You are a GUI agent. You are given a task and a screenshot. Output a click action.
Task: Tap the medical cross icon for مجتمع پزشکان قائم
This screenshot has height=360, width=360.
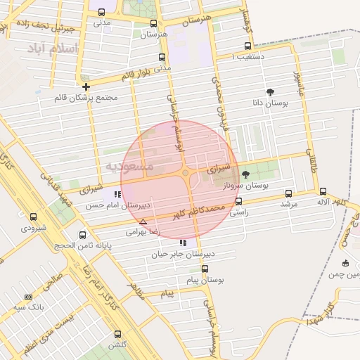coord(86,86)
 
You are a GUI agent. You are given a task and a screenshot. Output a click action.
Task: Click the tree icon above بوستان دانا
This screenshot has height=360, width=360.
coord(270,92)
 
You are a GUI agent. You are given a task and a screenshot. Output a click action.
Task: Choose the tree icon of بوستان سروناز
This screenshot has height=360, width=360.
coord(245,174)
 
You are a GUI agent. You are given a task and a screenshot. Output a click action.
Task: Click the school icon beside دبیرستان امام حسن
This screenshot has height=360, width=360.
coord(117,194)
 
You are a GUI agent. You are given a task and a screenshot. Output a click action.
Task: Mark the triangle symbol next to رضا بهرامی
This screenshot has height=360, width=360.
coord(143,221)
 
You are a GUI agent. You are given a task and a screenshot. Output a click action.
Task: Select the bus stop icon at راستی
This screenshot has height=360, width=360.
coord(239,201)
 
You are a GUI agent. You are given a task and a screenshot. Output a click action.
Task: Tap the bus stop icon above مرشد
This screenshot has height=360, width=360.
coord(288,193)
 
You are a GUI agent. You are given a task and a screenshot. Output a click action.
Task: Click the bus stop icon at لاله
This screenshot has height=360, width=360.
coord(323,191)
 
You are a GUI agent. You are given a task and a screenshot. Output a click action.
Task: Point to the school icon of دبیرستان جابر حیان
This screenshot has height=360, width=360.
coord(183,243)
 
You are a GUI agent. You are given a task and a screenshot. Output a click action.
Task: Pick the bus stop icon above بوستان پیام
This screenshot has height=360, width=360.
coord(205,269)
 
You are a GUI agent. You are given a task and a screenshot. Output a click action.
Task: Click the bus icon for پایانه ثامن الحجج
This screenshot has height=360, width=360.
coord(83,235)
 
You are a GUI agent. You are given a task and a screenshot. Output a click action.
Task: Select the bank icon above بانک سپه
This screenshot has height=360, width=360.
coord(28,297)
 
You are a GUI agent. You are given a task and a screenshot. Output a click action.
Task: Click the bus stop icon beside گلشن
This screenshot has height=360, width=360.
coord(117,335)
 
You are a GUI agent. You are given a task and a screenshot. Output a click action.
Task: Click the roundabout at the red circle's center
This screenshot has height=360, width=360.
coord(186,173)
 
